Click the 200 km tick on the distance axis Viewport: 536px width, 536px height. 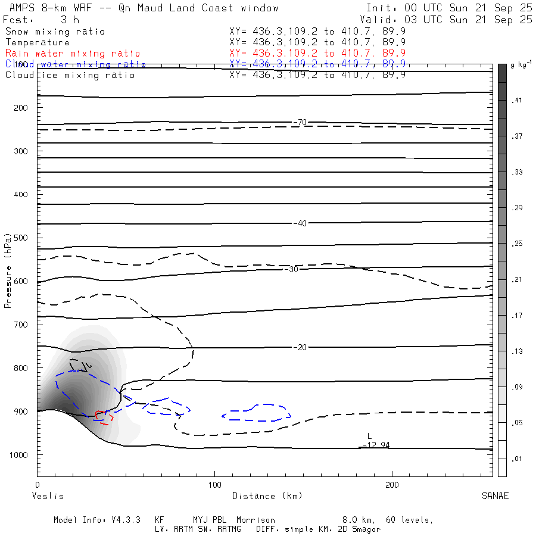[x=392, y=485]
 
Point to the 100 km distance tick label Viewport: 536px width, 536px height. [x=215, y=485]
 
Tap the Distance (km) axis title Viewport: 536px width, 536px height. [x=267, y=496]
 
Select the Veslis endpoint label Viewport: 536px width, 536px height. [x=47, y=496]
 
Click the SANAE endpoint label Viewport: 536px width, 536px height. [x=496, y=496]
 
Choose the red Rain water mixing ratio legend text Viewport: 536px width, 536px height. [x=73, y=54]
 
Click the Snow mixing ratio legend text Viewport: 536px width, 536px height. [x=55, y=32]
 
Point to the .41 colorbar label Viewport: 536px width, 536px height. [x=516, y=101]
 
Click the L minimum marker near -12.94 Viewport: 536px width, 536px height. [x=369, y=437]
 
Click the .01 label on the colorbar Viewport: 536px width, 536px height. [x=516, y=458]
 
